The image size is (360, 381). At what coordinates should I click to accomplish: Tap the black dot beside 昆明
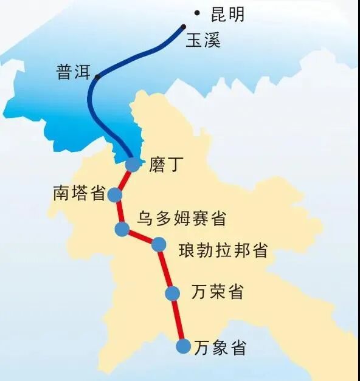coord(196,13)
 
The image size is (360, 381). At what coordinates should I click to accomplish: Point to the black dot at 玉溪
coord(183,26)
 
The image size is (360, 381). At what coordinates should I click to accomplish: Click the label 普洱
coord(72,72)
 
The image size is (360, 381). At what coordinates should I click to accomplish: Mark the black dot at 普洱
coord(97,77)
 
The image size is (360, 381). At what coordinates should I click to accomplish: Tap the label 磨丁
coord(165,165)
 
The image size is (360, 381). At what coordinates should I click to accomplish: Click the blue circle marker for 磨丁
coord(133,164)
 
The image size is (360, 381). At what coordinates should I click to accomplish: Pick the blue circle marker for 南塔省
coord(115,195)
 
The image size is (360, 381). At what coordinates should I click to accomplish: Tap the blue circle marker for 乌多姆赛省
coord(122,230)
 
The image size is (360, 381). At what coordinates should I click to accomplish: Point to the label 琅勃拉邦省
coord(223,250)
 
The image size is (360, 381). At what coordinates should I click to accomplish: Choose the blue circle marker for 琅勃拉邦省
coord(158,244)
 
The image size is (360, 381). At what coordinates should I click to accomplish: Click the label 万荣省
coord(217,292)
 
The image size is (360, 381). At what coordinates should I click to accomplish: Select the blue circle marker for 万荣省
coord(173,293)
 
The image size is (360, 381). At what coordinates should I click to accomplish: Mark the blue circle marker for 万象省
coord(183,346)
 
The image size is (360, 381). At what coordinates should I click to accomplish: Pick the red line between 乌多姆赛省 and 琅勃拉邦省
coord(140,237)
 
